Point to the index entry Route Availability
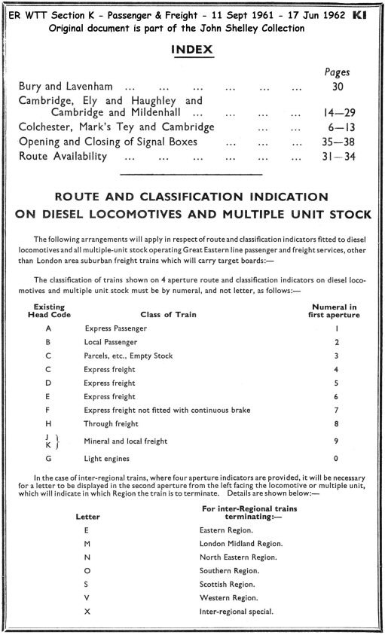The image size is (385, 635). pos(63,157)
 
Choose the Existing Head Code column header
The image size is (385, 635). pos(49,310)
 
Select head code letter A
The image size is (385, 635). pos(49,328)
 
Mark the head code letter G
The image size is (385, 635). pos(49,458)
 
